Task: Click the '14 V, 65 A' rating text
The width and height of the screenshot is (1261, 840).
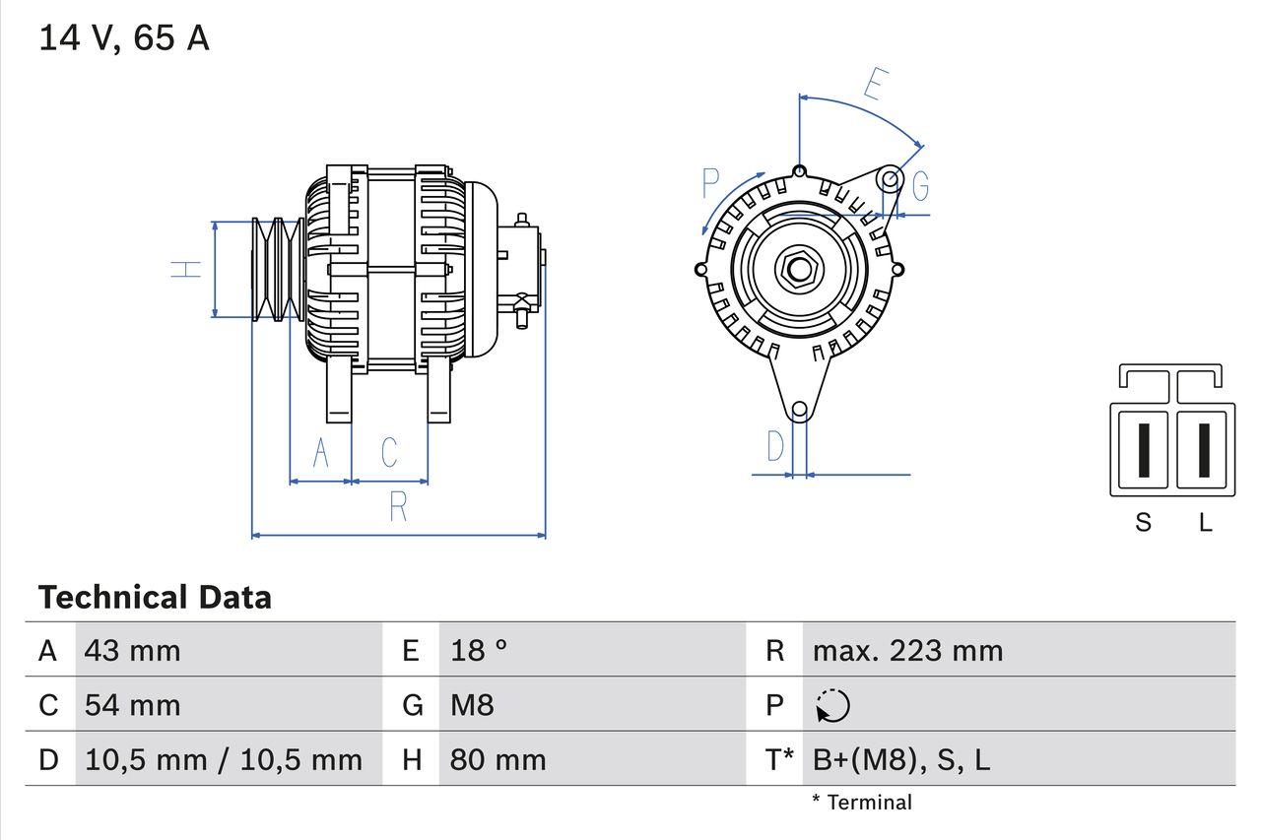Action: [124, 38]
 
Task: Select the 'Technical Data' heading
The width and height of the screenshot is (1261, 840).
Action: [155, 597]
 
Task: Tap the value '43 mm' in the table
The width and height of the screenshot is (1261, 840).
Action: [132, 650]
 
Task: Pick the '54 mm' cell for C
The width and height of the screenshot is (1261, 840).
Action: [132, 705]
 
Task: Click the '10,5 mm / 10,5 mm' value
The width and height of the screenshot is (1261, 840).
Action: [224, 759]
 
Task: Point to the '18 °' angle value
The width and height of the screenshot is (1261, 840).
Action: [479, 650]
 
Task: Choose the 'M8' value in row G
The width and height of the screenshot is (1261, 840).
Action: [472, 705]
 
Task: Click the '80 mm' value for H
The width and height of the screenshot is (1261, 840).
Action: [498, 759]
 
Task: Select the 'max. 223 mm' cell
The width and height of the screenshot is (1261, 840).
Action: [907, 650]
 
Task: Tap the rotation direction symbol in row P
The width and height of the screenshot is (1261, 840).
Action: [832, 705]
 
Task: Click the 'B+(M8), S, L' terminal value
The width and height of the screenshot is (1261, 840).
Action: [900, 759]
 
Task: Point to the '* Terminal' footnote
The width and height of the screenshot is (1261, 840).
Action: [862, 803]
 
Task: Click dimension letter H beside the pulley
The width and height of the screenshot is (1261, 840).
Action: [185, 269]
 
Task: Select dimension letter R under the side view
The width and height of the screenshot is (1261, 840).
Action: [398, 507]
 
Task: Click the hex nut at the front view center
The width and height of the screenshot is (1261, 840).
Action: [798, 269]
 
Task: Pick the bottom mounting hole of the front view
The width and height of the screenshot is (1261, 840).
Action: [799, 409]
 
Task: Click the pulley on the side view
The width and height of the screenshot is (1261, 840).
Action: [276, 269]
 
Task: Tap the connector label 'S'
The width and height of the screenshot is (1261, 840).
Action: [1143, 522]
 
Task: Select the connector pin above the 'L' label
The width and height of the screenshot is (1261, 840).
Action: [1203, 450]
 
